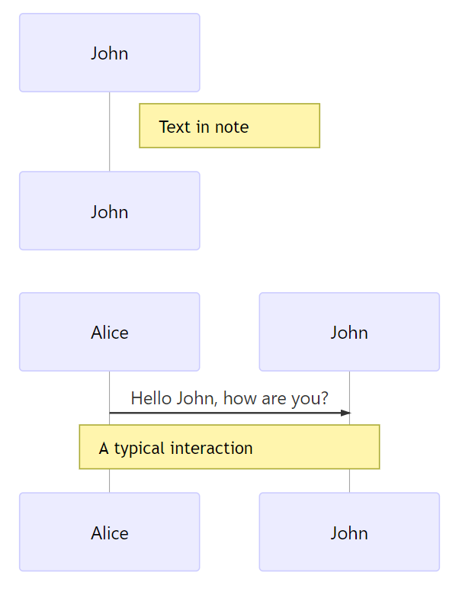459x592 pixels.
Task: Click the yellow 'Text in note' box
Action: pyautogui.click(x=230, y=126)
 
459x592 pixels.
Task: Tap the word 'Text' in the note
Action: pyautogui.click(x=175, y=127)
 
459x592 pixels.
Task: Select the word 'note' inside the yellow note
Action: pyautogui.click(x=232, y=127)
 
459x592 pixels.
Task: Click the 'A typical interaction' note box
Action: pyautogui.click(x=230, y=447)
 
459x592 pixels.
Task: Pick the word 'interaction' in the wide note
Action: pyautogui.click(x=212, y=448)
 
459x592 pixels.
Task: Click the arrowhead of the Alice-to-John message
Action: pyautogui.click(x=345, y=413)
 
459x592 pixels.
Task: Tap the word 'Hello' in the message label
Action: pyautogui.click(x=152, y=398)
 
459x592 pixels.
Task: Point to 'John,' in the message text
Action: pyautogui.click(x=197, y=399)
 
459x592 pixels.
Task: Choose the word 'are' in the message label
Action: pyautogui.click(x=274, y=400)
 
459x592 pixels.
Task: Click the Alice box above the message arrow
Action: pyautogui.click(x=110, y=332)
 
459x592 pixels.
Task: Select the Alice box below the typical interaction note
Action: pyautogui.click(x=110, y=532)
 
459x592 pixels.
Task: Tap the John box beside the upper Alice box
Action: pyautogui.click(x=349, y=332)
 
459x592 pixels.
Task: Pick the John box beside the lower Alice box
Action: pyautogui.click(x=349, y=532)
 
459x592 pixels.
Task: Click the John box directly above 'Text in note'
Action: pyautogui.click(x=110, y=53)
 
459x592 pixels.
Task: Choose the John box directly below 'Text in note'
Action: pyautogui.click(x=110, y=211)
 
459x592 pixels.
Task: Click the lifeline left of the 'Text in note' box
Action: pyautogui.click(x=110, y=132)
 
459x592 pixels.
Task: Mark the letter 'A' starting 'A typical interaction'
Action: pyautogui.click(x=104, y=448)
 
